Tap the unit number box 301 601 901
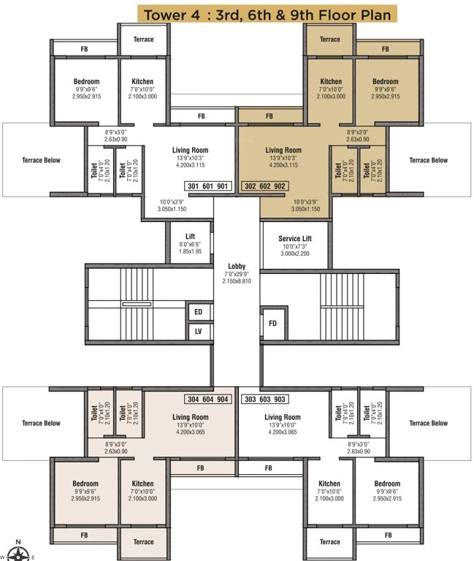tap(209, 186)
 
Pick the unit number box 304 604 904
tap(209, 400)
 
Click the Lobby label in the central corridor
tap(236, 267)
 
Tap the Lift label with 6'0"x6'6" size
tap(190, 237)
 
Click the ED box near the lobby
tap(198, 313)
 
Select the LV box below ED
tap(198, 331)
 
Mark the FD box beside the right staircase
tap(272, 323)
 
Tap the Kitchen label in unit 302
tap(331, 82)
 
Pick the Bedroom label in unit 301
tap(86, 82)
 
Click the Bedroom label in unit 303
tap(386, 484)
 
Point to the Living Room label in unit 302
tap(283, 150)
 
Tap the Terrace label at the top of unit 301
tap(144, 39)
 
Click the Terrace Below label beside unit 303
tap(429, 423)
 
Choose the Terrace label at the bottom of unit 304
tap(144, 542)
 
